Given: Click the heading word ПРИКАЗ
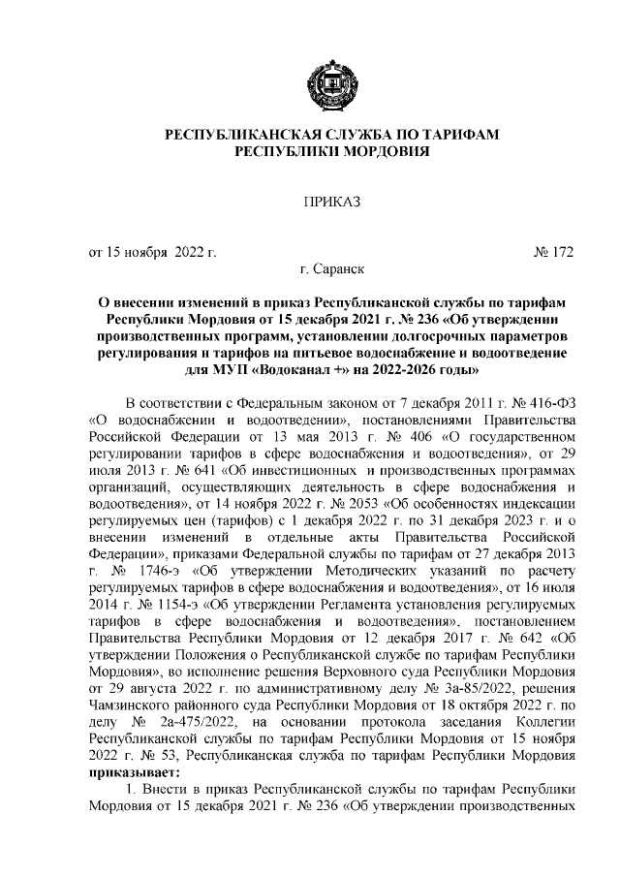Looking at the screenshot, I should [x=331, y=202].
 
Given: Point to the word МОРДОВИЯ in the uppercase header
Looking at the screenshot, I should [x=380, y=153].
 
